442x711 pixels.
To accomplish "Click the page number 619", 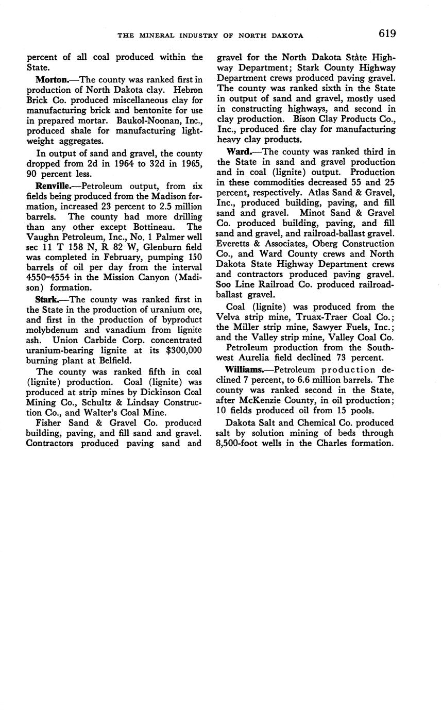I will click(387, 34).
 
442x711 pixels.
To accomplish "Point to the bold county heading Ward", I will click(239, 151).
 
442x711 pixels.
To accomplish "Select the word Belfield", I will click(116, 361).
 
